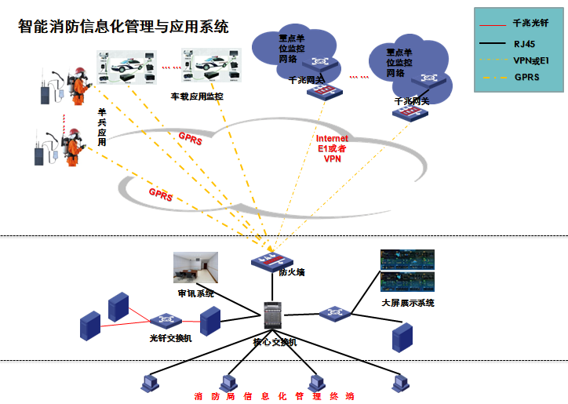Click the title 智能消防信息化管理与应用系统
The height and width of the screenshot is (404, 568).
tap(123, 27)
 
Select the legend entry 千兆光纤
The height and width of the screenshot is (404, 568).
tap(531, 24)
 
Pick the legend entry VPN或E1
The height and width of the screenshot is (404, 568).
tap(530, 60)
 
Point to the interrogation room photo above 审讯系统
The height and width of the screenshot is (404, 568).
tap(195, 268)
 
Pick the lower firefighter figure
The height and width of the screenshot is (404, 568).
tap(72, 147)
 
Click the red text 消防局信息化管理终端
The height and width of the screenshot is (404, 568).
tap(275, 396)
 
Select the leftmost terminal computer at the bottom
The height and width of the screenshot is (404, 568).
tap(147, 383)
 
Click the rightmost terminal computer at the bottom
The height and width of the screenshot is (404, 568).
tap(400, 383)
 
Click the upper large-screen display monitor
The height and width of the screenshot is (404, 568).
tap(406, 260)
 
